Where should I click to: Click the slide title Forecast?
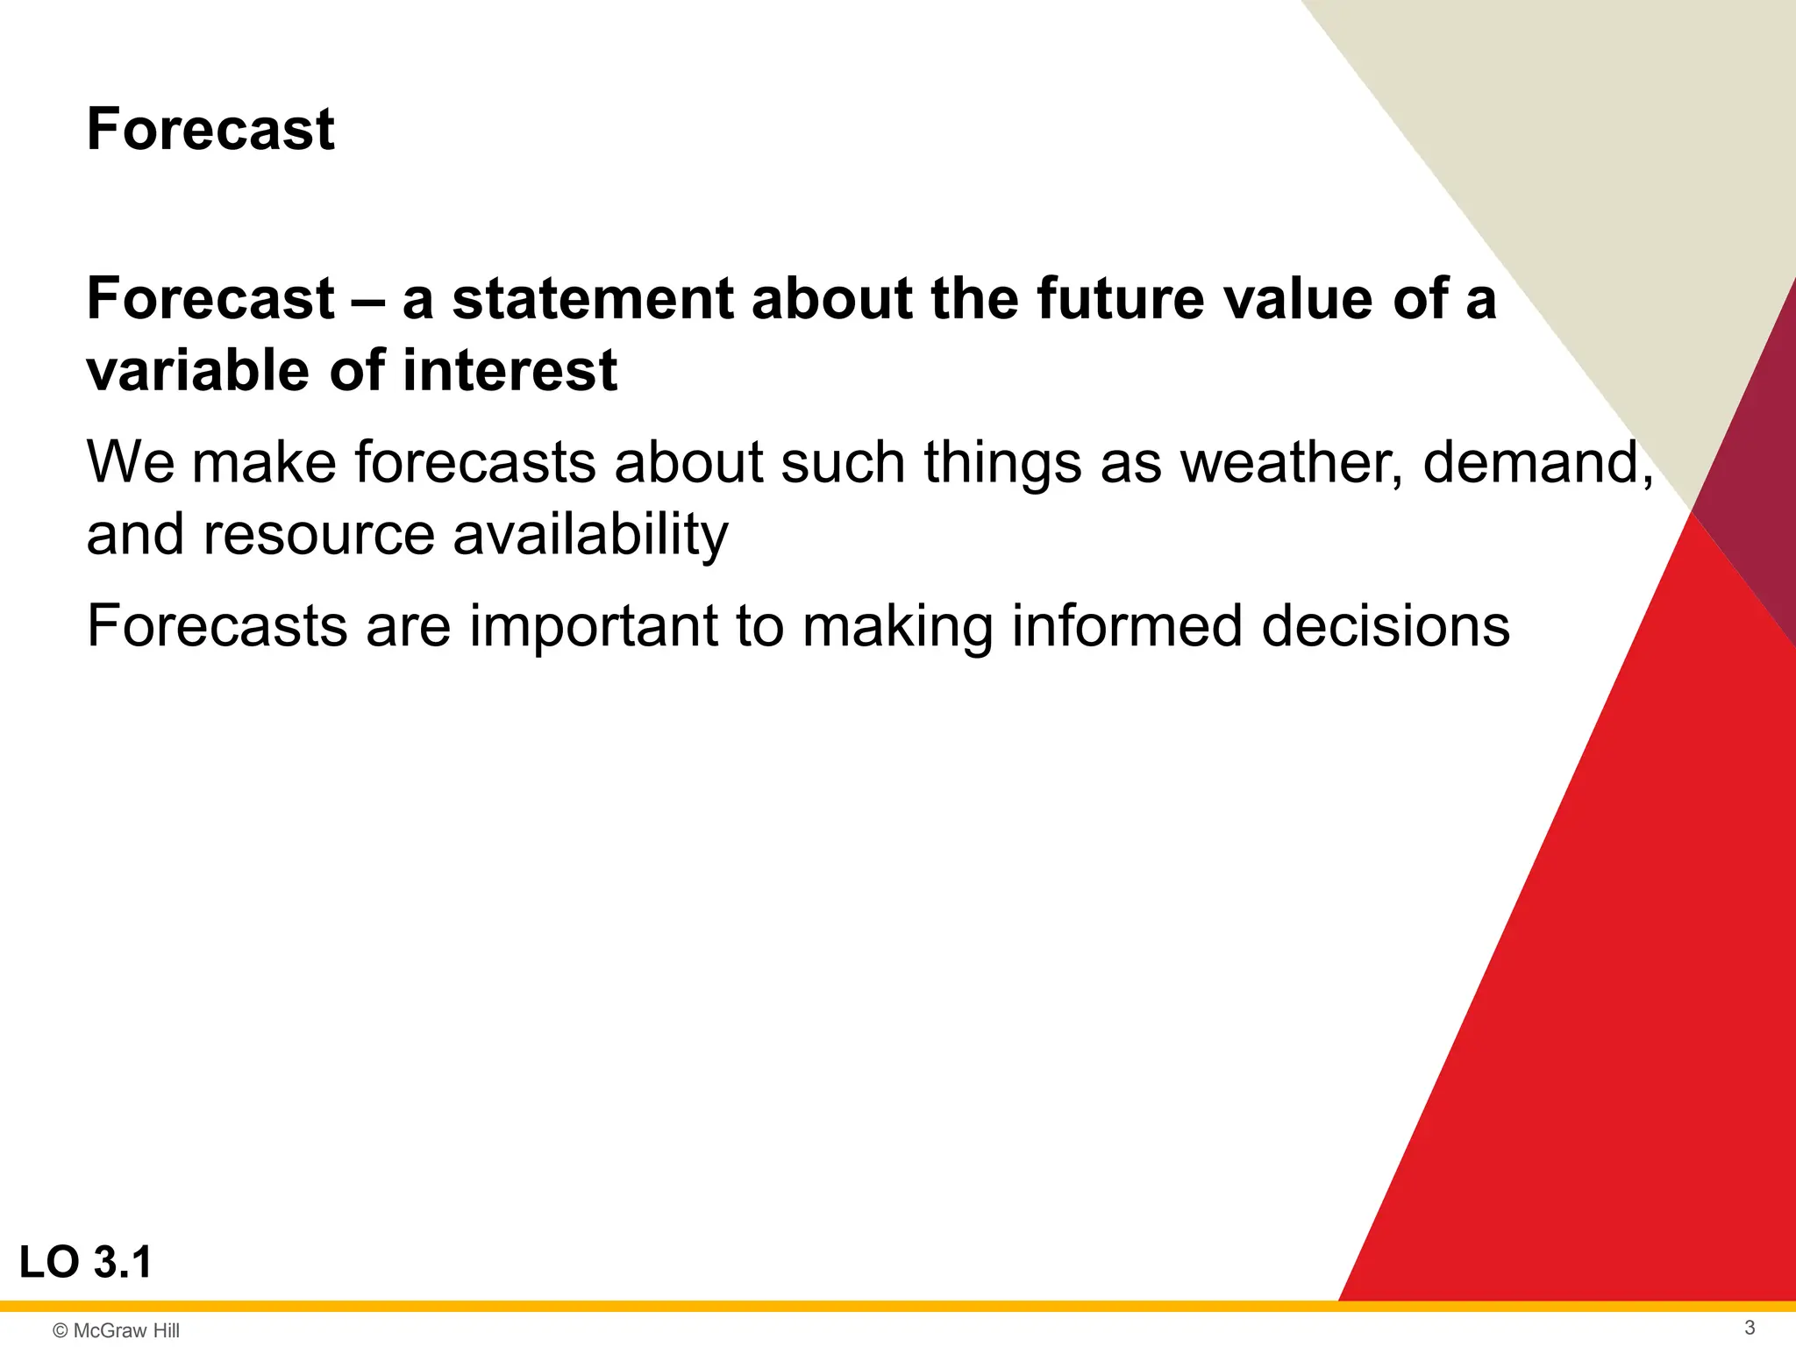[x=210, y=130]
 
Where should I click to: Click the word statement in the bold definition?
[x=592, y=298]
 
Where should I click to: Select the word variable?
[x=198, y=370]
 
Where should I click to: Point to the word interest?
[x=510, y=370]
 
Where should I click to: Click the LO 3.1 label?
[x=86, y=1263]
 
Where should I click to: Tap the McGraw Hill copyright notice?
[x=117, y=1330]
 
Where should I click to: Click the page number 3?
[x=1749, y=1328]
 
